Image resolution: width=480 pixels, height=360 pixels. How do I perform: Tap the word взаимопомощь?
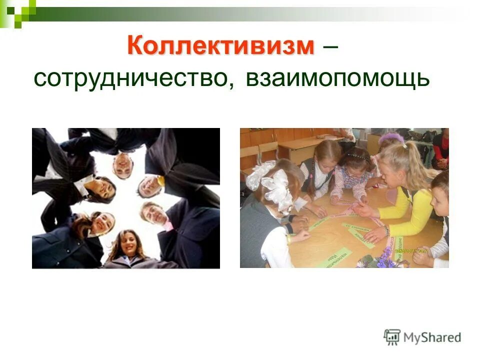pyautogui.click(x=337, y=79)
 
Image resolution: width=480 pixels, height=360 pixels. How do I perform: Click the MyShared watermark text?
pyautogui.click(x=433, y=337)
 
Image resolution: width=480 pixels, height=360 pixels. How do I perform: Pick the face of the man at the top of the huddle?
pyautogui.click(x=122, y=165)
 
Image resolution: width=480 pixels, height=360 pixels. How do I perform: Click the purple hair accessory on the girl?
pyautogui.click(x=393, y=137)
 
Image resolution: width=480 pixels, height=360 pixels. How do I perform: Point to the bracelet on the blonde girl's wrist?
pyautogui.click(x=386, y=230)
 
